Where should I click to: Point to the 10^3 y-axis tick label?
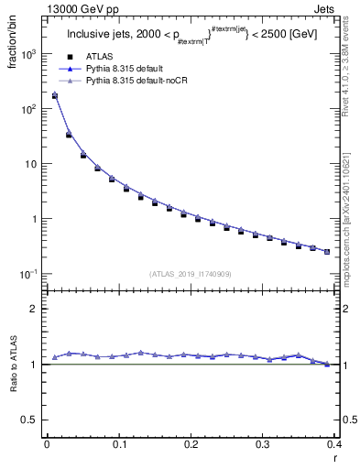click(29, 54)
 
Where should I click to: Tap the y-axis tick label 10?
click(33, 164)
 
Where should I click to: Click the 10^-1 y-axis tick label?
click(29, 274)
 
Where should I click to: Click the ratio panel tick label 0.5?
click(32, 420)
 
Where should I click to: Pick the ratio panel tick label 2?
click(37, 309)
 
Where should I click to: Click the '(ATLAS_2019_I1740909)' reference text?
click(191, 274)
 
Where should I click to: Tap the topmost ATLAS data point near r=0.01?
click(54, 95)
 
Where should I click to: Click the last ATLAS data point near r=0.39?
click(327, 251)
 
